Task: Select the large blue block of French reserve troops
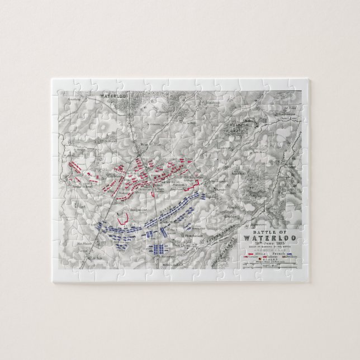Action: coord(159,249)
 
